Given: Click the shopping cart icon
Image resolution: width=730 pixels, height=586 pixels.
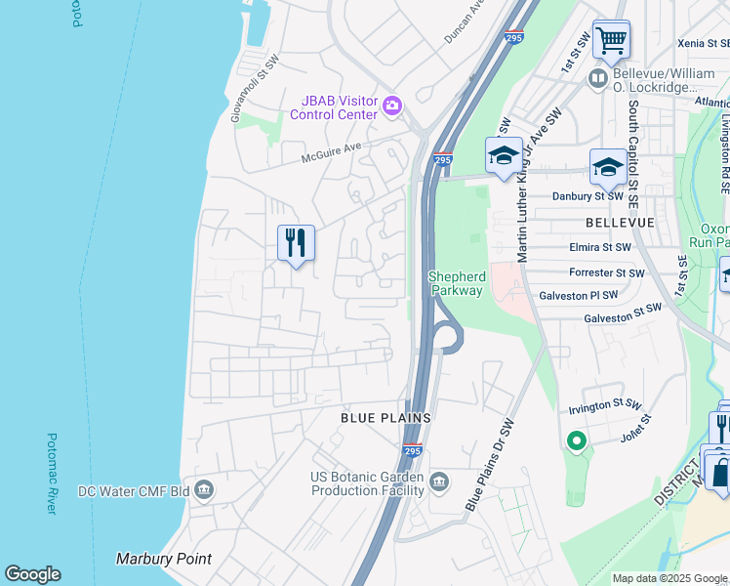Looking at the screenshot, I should [611, 41].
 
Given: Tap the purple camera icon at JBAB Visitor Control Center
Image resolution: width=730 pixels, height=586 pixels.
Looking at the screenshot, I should [392, 105].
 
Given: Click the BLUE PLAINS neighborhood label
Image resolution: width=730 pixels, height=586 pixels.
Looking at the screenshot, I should [385, 417].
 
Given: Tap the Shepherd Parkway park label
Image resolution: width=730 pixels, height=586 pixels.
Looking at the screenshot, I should [456, 283].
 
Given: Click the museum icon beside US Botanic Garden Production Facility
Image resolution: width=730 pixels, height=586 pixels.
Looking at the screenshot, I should [439, 481].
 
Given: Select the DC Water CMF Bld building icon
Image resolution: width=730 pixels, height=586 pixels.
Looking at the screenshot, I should [204, 489].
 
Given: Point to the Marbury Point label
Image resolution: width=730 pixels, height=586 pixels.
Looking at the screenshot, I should [164, 559].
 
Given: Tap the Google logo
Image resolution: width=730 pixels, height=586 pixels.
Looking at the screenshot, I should [32, 574].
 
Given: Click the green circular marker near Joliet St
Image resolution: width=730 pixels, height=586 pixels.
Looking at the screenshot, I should [576, 441].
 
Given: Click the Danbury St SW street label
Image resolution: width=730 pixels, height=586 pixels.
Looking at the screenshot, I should [588, 196].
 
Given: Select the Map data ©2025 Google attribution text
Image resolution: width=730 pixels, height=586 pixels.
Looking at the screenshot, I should [669, 578].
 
